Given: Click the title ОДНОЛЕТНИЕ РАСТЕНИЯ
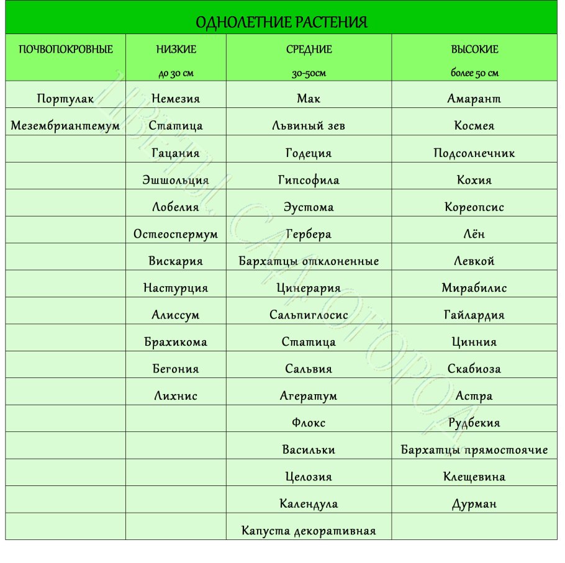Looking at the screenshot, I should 282,23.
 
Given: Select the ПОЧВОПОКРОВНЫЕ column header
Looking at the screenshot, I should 66,49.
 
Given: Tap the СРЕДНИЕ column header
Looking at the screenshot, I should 309,49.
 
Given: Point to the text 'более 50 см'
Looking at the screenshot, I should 474,73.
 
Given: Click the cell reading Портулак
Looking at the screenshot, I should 66,99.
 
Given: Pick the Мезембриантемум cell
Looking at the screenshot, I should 66,125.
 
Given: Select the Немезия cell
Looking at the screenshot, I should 176,99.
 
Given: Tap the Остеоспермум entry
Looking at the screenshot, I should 176,234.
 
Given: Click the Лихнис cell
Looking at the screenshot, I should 176,395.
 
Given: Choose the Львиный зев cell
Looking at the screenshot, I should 309,125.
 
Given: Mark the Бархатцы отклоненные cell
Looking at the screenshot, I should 309,261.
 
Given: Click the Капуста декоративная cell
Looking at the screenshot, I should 309,531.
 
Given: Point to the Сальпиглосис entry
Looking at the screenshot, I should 309,315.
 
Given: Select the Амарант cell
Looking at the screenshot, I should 474,99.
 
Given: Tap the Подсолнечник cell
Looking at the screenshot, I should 474,153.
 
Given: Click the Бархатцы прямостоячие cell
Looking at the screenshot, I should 474,449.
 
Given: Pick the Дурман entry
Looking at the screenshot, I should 474,504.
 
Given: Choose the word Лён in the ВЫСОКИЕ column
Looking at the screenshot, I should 474,234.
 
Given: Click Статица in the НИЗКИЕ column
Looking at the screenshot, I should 176,125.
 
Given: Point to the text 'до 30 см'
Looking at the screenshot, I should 176,73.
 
